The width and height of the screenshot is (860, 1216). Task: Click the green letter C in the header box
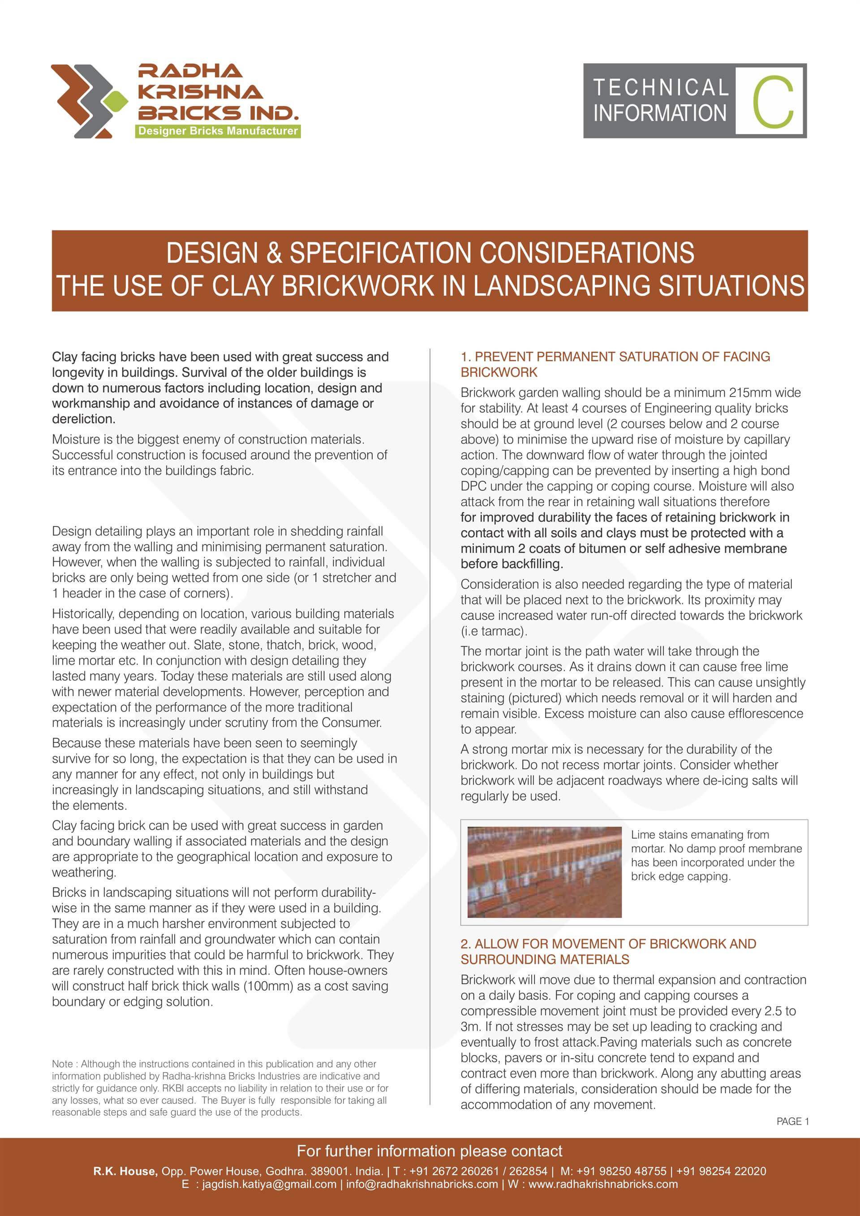773,102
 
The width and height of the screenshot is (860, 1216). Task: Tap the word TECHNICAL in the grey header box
660,87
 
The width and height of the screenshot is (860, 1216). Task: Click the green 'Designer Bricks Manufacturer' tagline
218,131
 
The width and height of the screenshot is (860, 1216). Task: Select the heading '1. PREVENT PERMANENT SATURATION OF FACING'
615,357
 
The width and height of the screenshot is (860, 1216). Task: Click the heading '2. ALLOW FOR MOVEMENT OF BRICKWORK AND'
608,944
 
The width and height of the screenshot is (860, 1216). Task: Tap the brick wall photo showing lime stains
544,872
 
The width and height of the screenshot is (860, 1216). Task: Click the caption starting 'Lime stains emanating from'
700,835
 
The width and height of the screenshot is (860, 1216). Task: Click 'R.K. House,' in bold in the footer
125,1171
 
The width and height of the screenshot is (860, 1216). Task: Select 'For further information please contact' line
430,1151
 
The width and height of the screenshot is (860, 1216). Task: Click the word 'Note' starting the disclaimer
62,1064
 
